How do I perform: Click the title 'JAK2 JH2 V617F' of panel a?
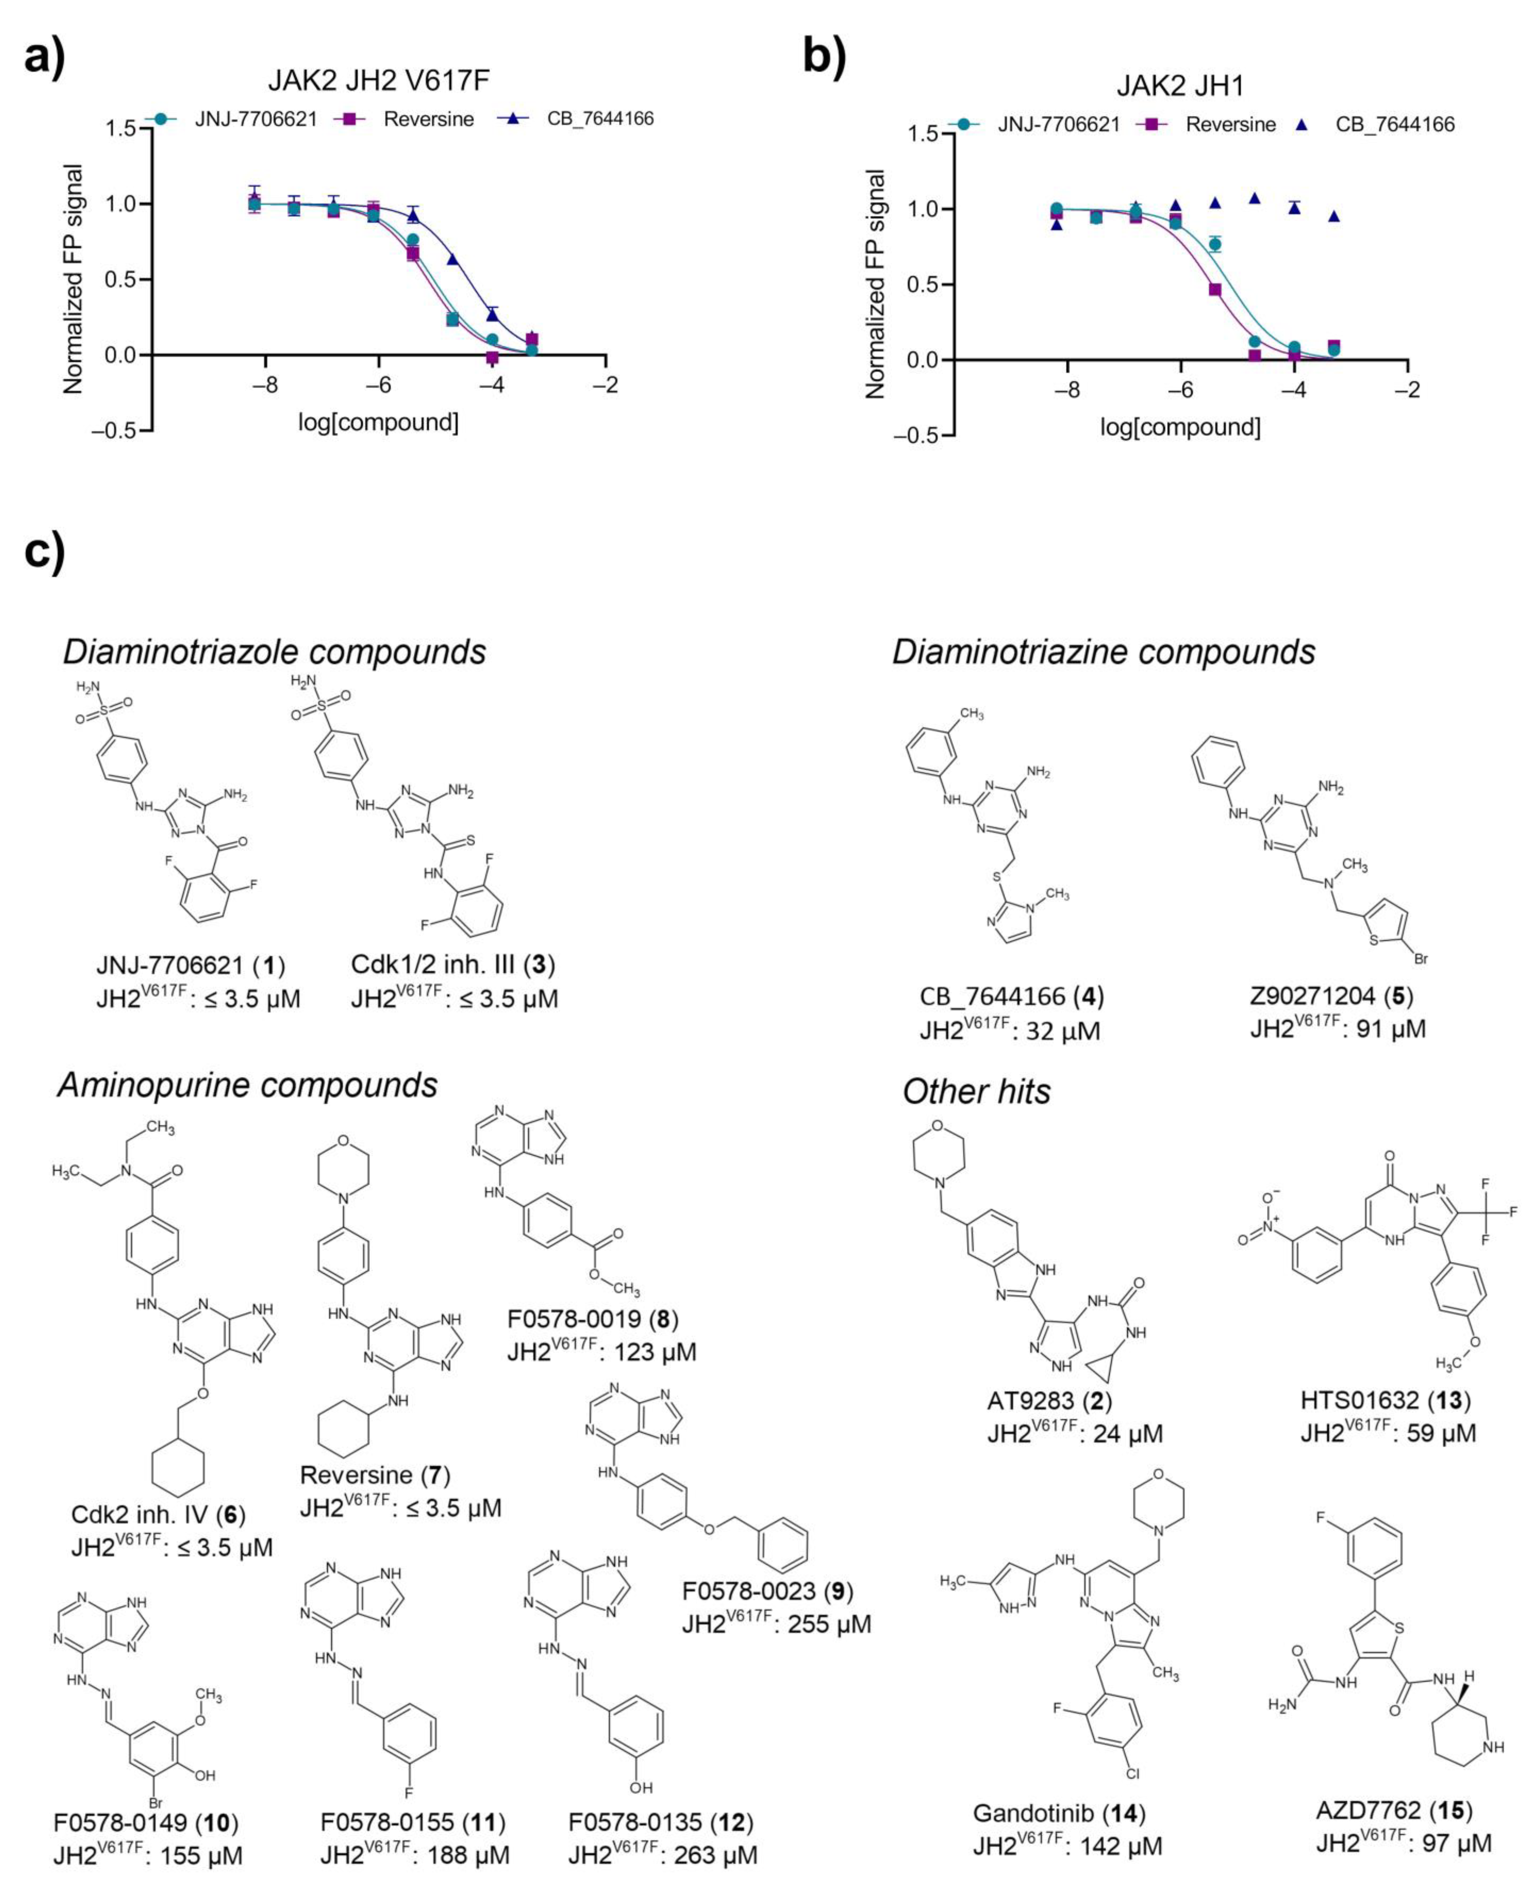click(379, 80)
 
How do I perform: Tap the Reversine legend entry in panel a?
click(428, 119)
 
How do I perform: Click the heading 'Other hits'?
click(977, 1091)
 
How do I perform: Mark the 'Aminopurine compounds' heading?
click(247, 1085)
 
